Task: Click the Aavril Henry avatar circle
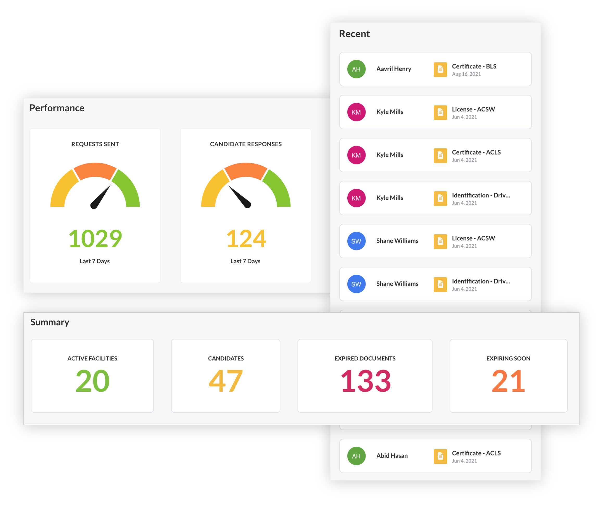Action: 356,69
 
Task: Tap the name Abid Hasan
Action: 392,455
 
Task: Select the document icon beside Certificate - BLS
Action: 440,69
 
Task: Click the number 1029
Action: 95,239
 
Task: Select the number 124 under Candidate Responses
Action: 246,239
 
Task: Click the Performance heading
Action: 57,108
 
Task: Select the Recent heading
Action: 354,34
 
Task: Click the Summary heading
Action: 50,322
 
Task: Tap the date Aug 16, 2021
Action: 466,74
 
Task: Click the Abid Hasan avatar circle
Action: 356,456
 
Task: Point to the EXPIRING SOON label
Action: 508,358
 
